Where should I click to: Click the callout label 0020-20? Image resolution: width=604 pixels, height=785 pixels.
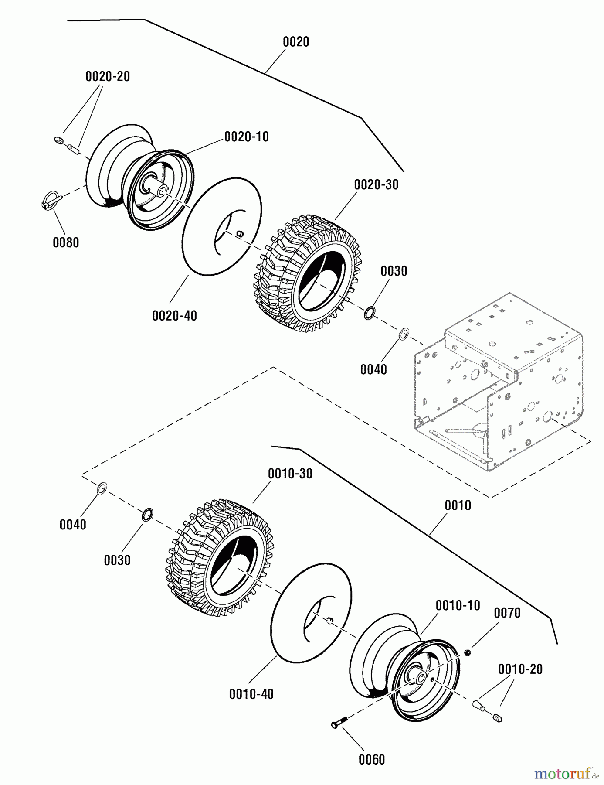(108, 76)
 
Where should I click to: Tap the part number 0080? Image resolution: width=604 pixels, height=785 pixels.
(66, 242)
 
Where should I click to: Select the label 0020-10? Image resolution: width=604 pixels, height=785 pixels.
(246, 137)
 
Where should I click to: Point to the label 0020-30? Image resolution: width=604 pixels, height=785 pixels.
(376, 184)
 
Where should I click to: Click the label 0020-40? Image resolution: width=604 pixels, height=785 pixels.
(174, 315)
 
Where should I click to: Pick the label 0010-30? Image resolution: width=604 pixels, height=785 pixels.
(290, 474)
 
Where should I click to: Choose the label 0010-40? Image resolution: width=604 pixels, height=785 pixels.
(251, 694)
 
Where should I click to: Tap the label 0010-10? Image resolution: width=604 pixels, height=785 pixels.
(458, 605)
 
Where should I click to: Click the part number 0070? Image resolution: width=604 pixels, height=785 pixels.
(507, 613)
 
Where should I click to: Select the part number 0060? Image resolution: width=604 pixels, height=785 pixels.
(372, 760)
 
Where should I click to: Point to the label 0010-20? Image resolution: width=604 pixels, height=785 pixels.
(520, 669)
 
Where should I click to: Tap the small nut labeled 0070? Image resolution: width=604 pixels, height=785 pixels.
(467, 652)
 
